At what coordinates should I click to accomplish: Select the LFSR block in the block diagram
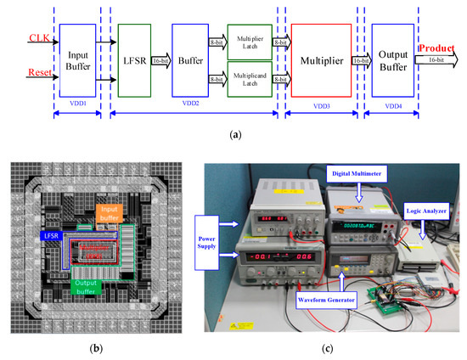tap(138, 59)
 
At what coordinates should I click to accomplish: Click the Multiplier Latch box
tap(249, 42)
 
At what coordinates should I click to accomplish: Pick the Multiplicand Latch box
tap(249, 78)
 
